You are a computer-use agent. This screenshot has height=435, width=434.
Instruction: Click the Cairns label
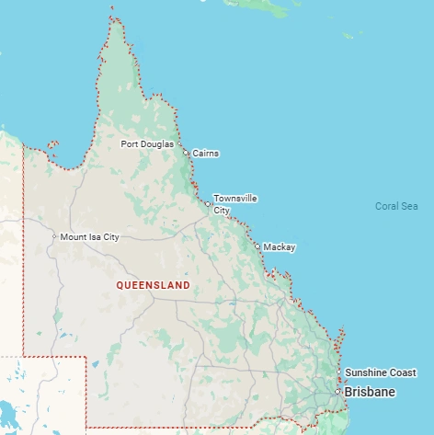pyautogui.click(x=206, y=154)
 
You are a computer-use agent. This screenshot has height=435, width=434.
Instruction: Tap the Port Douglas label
pyautogui.click(x=146, y=144)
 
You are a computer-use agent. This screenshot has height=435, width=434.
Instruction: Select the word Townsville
pyautogui.click(x=235, y=198)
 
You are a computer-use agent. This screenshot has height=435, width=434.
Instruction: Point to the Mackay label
pyautogui.click(x=280, y=247)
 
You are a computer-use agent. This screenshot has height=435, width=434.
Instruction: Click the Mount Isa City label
pyautogui.click(x=90, y=237)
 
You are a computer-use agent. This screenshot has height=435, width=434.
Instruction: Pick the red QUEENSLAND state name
pyautogui.click(x=154, y=285)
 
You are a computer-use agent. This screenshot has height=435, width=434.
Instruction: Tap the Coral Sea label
pyautogui.click(x=396, y=206)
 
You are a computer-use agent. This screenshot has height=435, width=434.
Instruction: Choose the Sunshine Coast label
pyautogui.click(x=381, y=372)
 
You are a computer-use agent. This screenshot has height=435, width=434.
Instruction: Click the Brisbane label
pyautogui.click(x=370, y=393)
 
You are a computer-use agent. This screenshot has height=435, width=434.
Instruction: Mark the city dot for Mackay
pyautogui.click(x=257, y=246)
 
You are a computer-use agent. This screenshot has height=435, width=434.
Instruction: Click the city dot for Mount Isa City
pyautogui.click(x=54, y=237)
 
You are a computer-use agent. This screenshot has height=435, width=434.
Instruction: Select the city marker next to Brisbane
pyautogui.click(x=337, y=392)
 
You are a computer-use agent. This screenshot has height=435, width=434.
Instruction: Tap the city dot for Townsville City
pyautogui.click(x=208, y=204)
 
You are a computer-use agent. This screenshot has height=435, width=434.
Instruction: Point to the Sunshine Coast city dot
pyautogui.click(x=339, y=372)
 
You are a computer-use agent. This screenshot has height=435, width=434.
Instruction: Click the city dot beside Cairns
pyautogui.click(x=186, y=153)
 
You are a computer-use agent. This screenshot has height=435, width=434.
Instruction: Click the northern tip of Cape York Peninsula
pyautogui.click(x=112, y=11)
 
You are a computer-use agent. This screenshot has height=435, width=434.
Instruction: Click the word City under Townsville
pyautogui.click(x=222, y=211)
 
